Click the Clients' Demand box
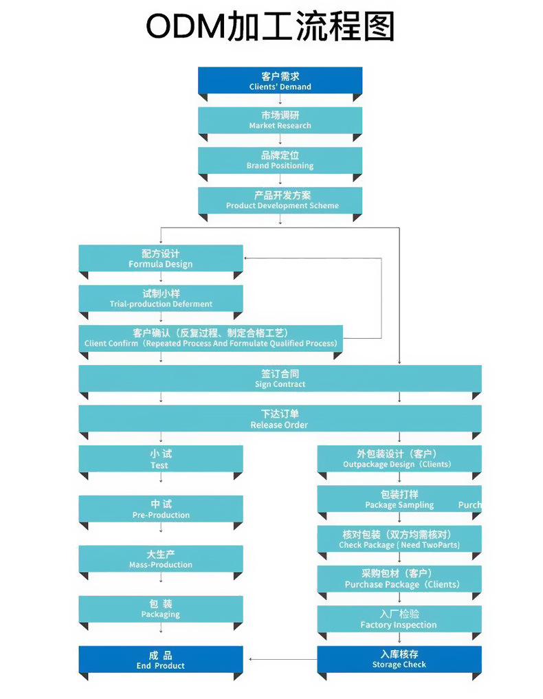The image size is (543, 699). (x=280, y=80)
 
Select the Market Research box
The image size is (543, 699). (x=280, y=120)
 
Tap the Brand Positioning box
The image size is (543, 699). (x=280, y=160)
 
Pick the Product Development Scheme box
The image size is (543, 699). (x=280, y=200)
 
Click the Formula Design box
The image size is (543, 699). (x=160, y=258)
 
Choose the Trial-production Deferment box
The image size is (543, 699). (x=160, y=298)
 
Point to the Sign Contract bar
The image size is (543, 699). (x=280, y=379)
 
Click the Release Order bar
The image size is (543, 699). (x=280, y=419)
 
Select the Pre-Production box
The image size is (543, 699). (x=160, y=509)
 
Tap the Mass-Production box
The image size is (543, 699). (x=160, y=559)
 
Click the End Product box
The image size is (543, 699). (x=160, y=660)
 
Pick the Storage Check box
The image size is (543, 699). (x=399, y=660)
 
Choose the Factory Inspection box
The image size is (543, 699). (x=399, y=619)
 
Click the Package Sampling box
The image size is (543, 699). (x=399, y=499)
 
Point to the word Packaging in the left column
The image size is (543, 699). (x=160, y=614)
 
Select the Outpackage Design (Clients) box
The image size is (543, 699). (x=399, y=458)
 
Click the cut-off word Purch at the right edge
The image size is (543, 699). (x=470, y=505)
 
